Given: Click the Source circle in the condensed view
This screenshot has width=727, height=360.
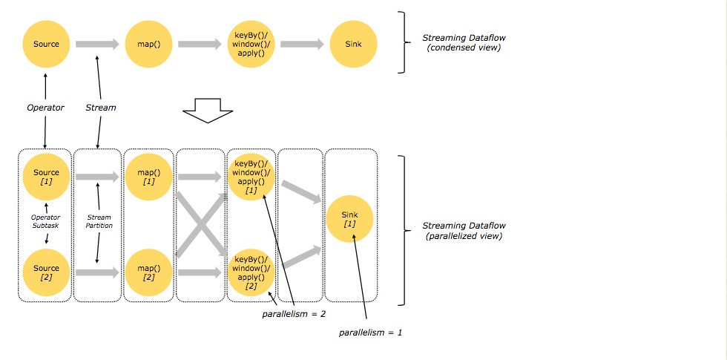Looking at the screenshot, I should (45, 44).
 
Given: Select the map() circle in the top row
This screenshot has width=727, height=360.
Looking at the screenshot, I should (148, 44).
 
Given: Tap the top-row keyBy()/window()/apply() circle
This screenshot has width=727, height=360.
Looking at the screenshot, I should (251, 44).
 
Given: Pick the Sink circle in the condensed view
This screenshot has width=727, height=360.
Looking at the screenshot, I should (353, 44).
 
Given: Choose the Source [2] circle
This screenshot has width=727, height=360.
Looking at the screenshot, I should (45, 272).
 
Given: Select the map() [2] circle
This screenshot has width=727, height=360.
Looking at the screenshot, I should (148, 272).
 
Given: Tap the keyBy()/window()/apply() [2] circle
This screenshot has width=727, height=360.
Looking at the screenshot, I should (251, 272).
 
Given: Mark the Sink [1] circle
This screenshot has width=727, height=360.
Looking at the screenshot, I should (349, 219).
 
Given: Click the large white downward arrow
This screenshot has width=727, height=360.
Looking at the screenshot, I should (207, 111).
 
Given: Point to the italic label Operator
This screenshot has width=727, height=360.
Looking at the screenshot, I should (45, 108).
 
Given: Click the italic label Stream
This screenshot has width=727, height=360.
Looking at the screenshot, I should (101, 108).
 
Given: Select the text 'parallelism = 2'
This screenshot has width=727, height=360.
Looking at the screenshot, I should (293, 314).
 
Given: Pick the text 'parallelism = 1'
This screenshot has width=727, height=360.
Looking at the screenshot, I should (370, 333).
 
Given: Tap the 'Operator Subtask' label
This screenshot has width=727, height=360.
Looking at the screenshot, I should (45, 221).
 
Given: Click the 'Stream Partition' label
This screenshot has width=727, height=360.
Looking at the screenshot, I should (99, 221).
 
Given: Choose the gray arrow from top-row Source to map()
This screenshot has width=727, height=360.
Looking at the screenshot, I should (97, 44).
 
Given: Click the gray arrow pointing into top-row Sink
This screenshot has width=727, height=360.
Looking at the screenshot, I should (302, 44).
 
